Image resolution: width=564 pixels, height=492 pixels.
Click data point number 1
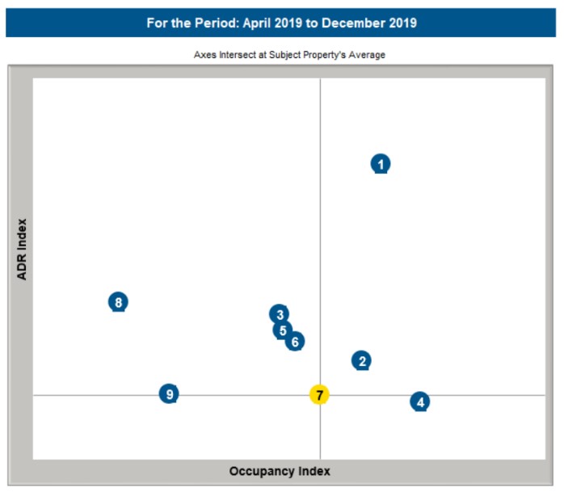[x=381, y=164]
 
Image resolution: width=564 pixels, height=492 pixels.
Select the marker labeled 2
[x=362, y=361]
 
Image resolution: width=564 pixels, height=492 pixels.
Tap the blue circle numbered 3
[x=279, y=315]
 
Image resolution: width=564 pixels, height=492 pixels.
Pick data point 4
[x=419, y=402]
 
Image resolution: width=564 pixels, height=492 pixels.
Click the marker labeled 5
[x=282, y=330]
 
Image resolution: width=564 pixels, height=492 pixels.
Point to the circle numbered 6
[x=295, y=342]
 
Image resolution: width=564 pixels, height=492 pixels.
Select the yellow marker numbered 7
[x=320, y=395]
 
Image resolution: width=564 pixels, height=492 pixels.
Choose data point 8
[x=118, y=302]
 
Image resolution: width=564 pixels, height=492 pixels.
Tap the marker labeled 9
[x=169, y=394]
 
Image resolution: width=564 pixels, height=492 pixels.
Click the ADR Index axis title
[x=23, y=249]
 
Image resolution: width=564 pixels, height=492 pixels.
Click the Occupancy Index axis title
[x=280, y=471]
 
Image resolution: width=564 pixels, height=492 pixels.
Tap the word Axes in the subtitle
[x=206, y=56]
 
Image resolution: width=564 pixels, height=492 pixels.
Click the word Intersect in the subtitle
[x=238, y=56]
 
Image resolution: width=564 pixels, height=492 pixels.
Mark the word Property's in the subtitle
[x=327, y=56]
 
